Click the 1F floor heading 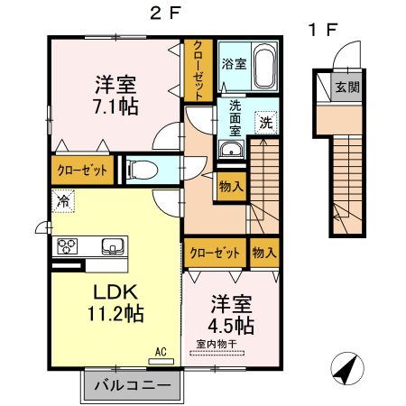point(323,30)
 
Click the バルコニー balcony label point(134,385)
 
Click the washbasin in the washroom point(231,151)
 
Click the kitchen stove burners point(69,245)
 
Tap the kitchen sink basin point(113,245)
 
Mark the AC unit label point(161,352)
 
